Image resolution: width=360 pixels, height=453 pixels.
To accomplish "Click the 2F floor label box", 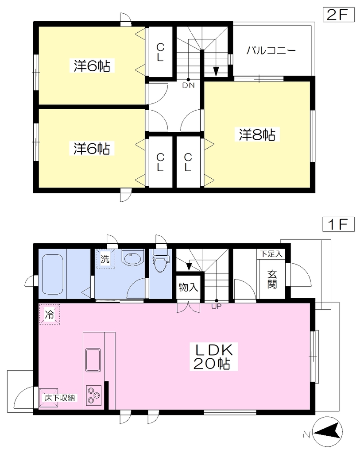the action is tap(338, 15).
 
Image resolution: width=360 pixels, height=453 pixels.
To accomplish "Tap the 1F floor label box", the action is tap(338, 224).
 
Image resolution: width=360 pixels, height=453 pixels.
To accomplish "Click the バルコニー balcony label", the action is tap(271, 50).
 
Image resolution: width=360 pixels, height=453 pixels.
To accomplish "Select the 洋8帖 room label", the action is tap(257, 134).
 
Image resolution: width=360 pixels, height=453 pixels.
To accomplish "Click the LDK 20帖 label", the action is tap(213, 357).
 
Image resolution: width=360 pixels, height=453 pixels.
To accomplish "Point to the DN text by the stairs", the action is tap(188, 85).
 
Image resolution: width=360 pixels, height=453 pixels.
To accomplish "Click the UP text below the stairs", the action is tap(216, 306).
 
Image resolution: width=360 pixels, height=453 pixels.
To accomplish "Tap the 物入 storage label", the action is tap(188, 287).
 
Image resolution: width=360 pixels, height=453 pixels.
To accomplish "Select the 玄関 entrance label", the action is tap(272, 280).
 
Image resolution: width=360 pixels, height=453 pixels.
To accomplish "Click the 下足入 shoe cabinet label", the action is tap(271, 254).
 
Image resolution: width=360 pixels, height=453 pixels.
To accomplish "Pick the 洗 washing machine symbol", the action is tap(105, 259).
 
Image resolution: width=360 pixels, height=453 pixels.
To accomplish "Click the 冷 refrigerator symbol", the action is tap(50, 315).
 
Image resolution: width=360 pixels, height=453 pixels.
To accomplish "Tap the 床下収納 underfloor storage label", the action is tap(60, 398).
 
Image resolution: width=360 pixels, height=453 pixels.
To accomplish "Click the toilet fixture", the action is tap(160, 261).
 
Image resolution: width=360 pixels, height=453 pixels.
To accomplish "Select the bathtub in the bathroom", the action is tap(53, 274).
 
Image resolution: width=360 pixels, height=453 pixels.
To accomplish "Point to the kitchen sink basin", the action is tap(93, 360).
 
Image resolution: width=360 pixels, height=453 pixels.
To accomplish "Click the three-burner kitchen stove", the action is tap(93, 395).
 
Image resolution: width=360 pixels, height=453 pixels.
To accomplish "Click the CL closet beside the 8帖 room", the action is tap(188, 162).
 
